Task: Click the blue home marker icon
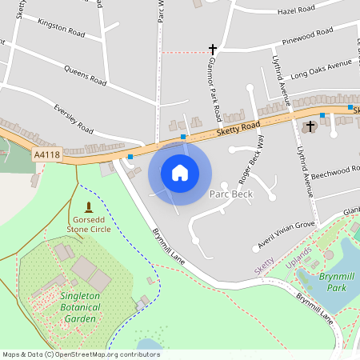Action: pyautogui.click(x=180, y=172)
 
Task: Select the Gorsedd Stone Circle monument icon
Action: pyautogui.click(x=88, y=207)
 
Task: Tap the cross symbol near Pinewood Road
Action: pyautogui.click(x=213, y=49)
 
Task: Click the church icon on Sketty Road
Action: pyautogui.click(x=311, y=126)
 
